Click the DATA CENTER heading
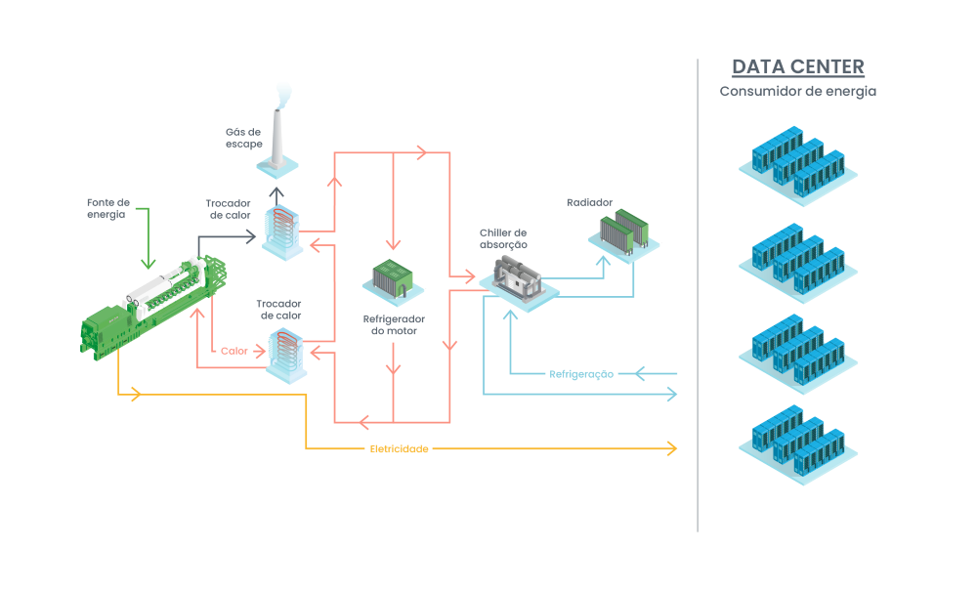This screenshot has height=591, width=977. pos(797,67)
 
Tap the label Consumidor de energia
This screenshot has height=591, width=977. pos(797,92)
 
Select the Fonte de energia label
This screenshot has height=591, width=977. pos(107,208)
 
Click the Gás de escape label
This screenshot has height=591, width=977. pos(243,138)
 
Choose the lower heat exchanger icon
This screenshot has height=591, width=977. pos(287,352)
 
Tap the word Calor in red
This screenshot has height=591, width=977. pos(234,351)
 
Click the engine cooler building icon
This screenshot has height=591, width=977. pos(395,277)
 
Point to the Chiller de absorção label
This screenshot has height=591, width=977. pos(503,239)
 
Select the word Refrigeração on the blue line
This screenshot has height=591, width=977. pos(581,374)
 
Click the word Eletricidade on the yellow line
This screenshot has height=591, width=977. pos(399,449)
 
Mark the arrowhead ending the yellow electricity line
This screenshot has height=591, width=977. pos(671,448)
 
